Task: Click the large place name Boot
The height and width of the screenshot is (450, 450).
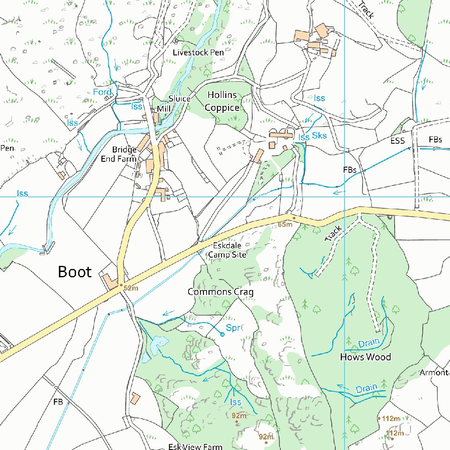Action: click(75, 272)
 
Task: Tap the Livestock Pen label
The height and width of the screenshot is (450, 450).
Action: click(198, 52)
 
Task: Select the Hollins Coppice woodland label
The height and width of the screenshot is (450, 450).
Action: click(222, 101)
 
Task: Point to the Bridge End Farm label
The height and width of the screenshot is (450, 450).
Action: click(119, 154)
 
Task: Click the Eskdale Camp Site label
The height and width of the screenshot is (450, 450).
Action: click(227, 250)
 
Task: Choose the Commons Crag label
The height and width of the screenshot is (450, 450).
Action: click(220, 292)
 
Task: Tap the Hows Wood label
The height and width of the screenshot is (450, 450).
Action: click(365, 357)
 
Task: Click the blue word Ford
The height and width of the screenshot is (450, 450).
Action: click(102, 92)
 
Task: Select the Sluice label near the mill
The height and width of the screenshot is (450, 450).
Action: click(179, 99)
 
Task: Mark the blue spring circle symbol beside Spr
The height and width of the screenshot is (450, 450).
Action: click(222, 334)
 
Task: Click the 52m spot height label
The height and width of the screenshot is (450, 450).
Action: click(131, 288)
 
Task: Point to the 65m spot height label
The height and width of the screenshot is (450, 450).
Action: click(285, 225)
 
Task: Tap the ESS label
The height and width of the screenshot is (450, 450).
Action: click(397, 142)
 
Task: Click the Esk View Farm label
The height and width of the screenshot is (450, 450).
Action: click(196, 446)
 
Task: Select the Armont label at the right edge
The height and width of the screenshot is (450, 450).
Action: click(434, 373)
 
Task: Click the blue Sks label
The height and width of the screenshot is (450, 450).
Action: click(319, 135)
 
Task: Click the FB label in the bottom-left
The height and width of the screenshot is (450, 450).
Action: click(58, 402)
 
